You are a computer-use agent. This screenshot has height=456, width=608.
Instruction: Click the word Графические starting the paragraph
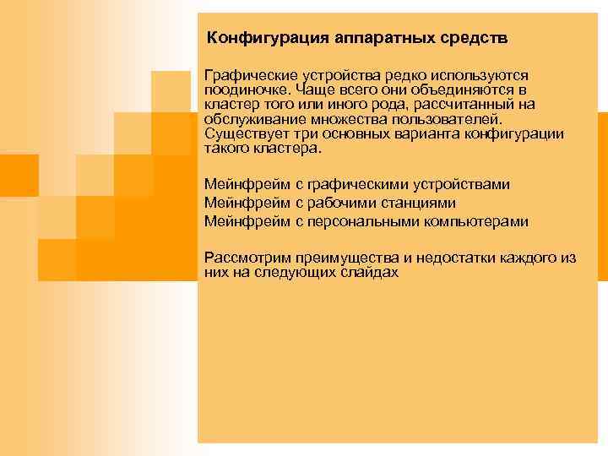244,75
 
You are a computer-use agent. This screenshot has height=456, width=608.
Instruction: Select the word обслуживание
247,118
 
